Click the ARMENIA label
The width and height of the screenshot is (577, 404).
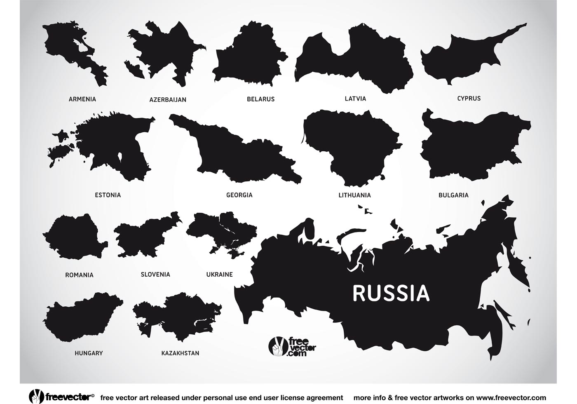82,99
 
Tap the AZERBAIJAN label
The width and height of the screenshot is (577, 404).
168,99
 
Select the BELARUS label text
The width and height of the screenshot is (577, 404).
260,99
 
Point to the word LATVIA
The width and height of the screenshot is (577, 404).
355,99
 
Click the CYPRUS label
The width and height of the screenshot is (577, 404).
469,98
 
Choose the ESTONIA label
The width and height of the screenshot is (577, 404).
108,195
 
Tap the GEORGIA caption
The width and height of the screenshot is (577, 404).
239,195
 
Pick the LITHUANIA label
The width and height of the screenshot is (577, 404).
354,195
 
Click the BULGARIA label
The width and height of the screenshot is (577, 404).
453,195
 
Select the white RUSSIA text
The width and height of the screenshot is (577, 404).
391,294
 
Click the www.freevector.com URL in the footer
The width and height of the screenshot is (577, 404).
496,397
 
